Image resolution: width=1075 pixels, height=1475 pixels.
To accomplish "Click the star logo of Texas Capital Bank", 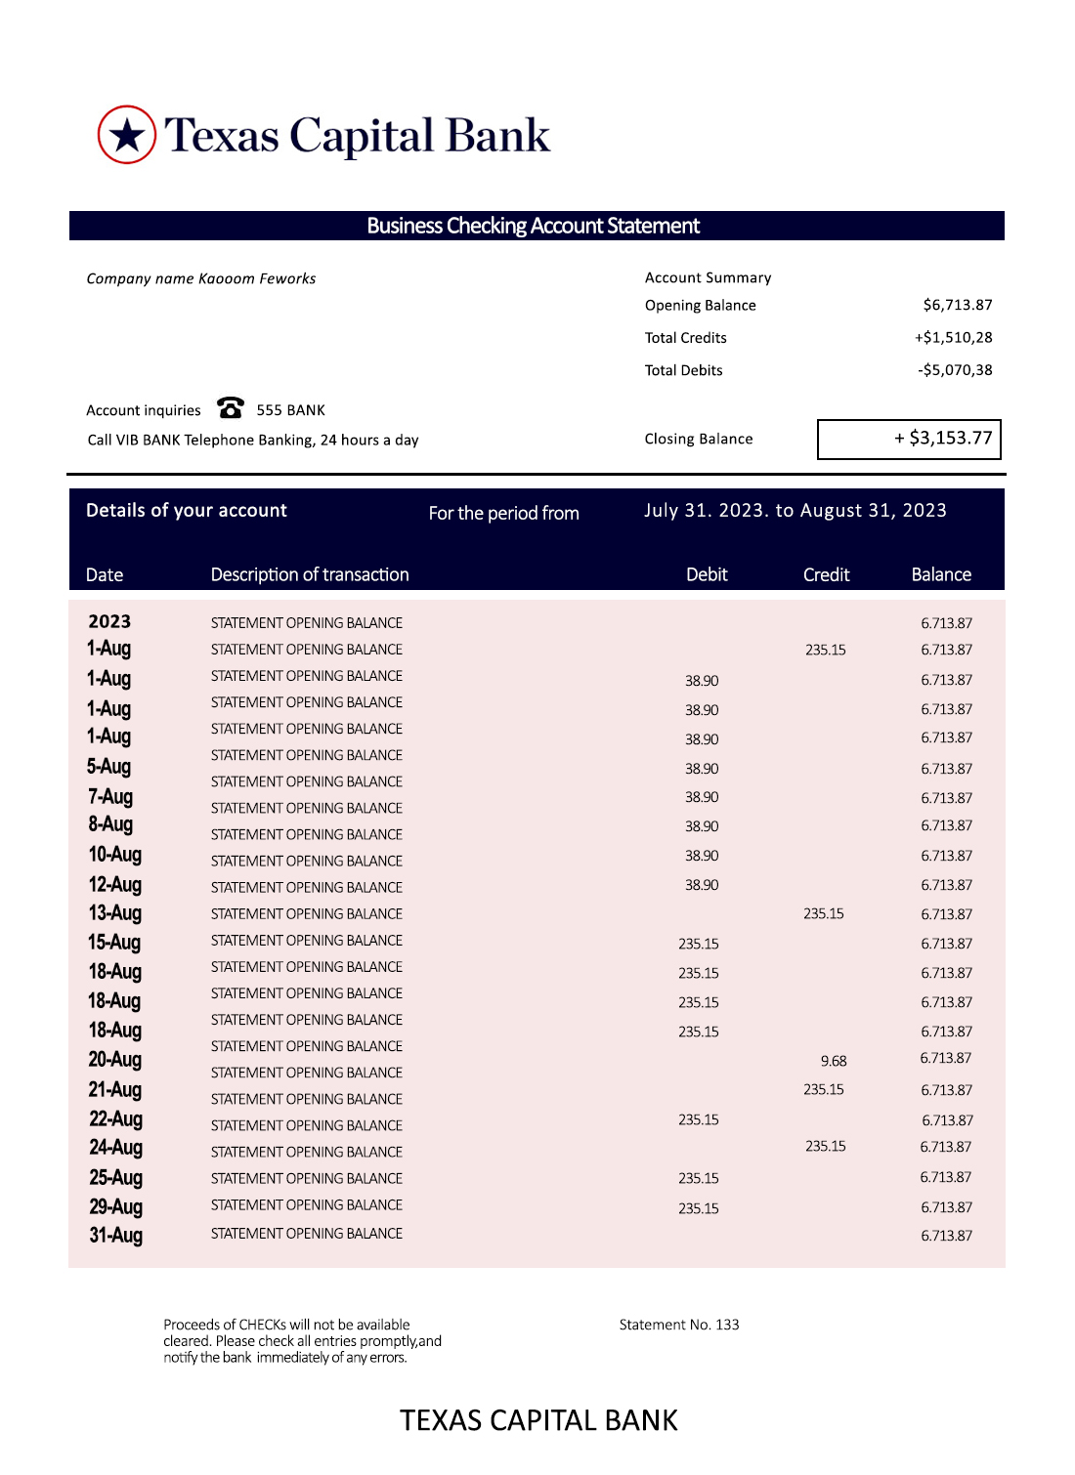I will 127,135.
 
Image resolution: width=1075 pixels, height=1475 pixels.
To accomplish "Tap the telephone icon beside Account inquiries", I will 231,407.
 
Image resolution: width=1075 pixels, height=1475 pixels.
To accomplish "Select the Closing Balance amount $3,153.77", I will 943,439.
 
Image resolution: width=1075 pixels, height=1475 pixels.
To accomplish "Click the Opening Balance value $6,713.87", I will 957,306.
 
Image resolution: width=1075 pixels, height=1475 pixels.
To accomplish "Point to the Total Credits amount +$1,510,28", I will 953,338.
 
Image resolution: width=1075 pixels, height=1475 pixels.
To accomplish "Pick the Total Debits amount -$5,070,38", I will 954,370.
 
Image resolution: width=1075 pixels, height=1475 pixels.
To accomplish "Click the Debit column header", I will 707,575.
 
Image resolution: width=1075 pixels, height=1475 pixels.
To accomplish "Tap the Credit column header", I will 826,575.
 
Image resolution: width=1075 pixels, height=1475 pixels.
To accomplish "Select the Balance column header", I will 941,575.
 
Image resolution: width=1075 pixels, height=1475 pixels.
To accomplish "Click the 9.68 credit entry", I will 834,1062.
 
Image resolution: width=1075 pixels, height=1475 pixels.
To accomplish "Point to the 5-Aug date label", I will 108,767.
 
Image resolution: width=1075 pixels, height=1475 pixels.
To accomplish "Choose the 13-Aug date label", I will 114,913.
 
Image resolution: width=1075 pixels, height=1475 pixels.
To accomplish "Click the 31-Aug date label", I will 115,1236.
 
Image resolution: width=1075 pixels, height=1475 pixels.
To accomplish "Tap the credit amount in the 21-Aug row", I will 824,1090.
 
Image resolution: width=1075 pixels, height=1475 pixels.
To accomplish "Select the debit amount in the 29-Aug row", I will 699,1209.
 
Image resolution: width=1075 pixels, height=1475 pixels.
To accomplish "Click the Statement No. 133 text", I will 679,1326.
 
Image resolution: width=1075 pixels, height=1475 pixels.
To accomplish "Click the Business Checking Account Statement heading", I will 534,227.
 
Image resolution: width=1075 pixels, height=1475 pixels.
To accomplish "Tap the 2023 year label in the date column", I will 109,622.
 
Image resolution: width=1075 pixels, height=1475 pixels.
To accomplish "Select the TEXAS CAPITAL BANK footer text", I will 538,1421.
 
